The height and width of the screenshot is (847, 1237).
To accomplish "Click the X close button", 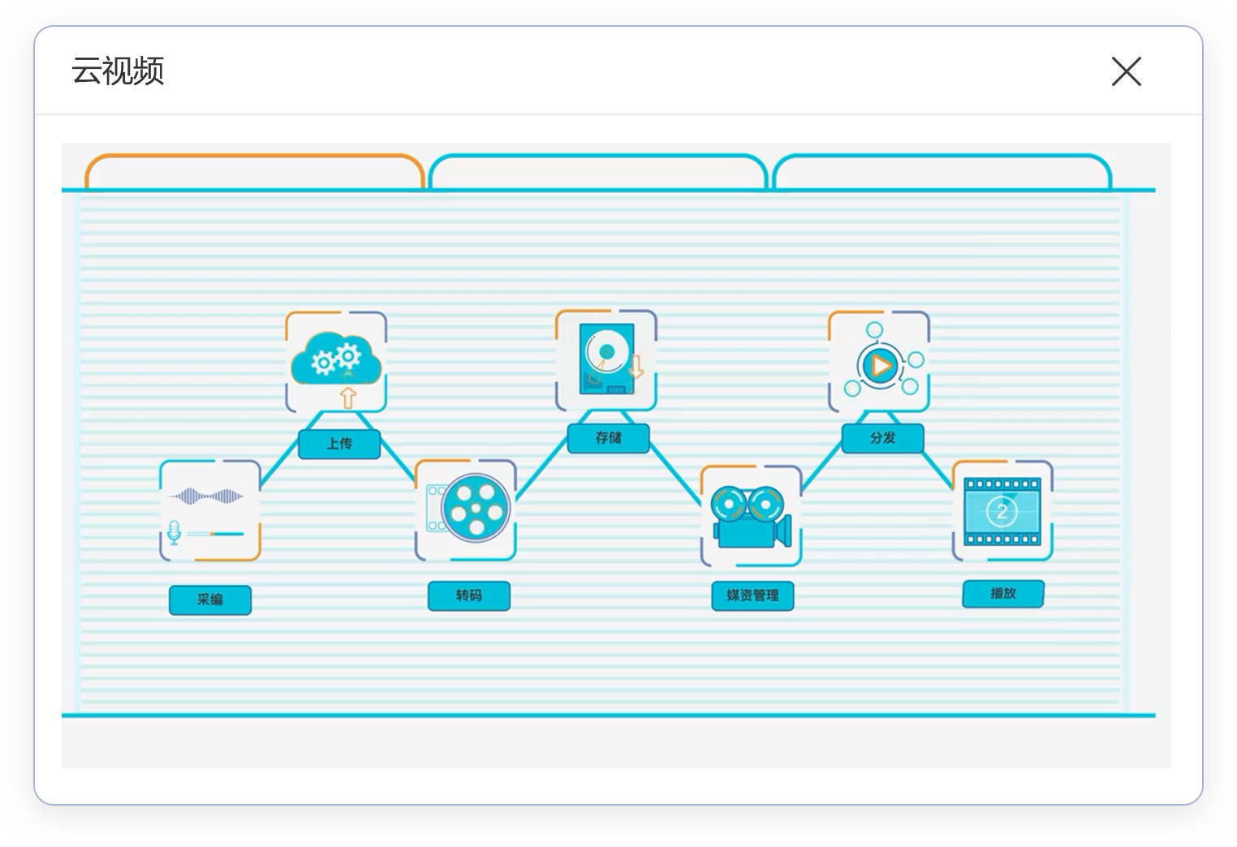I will click(x=1126, y=71).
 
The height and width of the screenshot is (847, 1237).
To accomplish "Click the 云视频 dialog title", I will click(x=118, y=71).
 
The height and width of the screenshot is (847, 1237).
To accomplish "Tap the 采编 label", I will click(x=209, y=600).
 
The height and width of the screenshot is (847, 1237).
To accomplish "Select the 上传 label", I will click(x=339, y=444).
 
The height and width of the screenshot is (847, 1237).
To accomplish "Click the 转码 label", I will click(x=468, y=595).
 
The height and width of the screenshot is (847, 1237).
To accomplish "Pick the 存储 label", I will click(x=608, y=438).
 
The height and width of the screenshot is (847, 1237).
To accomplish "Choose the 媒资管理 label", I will click(x=752, y=595).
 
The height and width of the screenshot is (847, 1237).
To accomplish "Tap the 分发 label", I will click(x=882, y=438).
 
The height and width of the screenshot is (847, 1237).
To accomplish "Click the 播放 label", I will click(x=1002, y=593).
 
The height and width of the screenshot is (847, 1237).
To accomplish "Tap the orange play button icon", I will click(x=880, y=366).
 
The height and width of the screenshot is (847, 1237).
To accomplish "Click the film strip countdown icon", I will click(x=1002, y=511).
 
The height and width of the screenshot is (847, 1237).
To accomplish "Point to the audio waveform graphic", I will click(x=206, y=496).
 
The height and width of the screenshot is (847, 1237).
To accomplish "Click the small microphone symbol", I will click(x=174, y=533).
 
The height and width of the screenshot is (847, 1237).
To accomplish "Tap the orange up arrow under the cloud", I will click(x=347, y=398).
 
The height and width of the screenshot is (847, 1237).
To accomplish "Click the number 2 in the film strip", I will click(x=1002, y=511).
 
